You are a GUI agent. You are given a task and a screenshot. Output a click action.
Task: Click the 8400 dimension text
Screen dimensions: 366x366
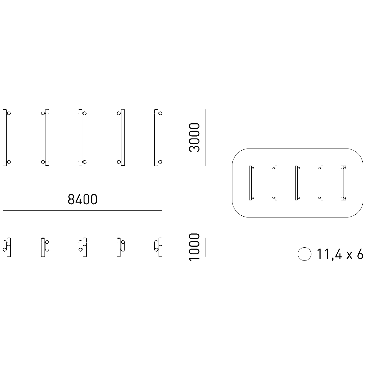pyautogui.click(x=82, y=199)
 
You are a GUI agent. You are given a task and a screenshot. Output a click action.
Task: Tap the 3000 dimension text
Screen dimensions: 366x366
pyautogui.click(x=194, y=138)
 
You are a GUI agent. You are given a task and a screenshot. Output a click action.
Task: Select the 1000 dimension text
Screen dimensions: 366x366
pyautogui.click(x=194, y=247)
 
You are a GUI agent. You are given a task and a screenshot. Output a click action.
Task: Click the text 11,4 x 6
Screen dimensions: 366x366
pyautogui.click(x=340, y=254)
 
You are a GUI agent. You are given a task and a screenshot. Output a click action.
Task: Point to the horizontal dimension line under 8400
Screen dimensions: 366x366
pyautogui.click(x=82, y=211)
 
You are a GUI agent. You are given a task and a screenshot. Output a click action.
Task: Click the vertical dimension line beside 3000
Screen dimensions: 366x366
pyautogui.click(x=206, y=138)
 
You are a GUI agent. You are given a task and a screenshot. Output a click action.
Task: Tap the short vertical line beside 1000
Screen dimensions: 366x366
pyautogui.click(x=206, y=247)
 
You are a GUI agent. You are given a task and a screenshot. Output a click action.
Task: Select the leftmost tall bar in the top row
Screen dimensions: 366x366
pyautogui.click(x=5, y=138)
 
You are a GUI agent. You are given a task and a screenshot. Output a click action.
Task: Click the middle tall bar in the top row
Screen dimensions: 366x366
pyautogui.click(x=81, y=138)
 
